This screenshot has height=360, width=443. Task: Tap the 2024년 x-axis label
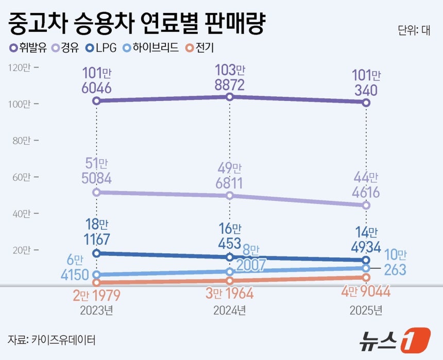click(x=229, y=310)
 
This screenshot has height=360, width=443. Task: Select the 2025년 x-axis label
click(x=366, y=310)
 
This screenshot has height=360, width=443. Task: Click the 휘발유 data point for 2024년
click(x=230, y=97)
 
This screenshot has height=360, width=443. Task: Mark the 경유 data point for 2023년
click(x=96, y=192)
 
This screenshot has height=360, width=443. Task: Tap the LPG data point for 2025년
click(x=366, y=260)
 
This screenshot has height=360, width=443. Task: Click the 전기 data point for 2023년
click(x=96, y=282)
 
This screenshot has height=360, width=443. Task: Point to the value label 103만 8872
click(x=230, y=77)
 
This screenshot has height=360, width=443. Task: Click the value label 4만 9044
click(x=366, y=292)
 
